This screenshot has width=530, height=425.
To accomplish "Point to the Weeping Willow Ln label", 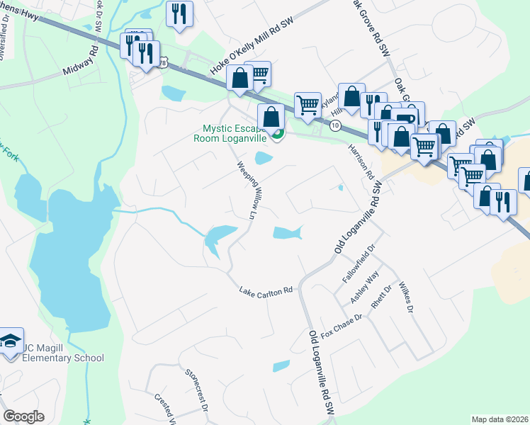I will coord(246,188).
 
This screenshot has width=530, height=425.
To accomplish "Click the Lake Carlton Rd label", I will coord(266,291).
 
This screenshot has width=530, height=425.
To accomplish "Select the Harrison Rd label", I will coord(360,161).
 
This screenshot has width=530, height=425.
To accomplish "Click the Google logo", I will coord(23,416).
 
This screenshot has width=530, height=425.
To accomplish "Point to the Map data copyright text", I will coord(500,419).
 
